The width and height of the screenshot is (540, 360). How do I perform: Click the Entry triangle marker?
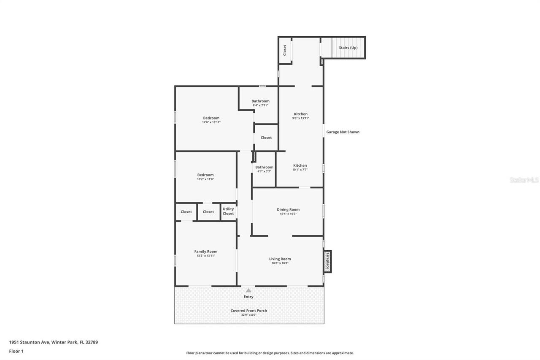point(248,290)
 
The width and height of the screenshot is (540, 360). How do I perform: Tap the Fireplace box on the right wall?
point(327,261)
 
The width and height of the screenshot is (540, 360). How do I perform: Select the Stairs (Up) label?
point(348,48)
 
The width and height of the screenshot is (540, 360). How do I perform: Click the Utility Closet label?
point(228,211)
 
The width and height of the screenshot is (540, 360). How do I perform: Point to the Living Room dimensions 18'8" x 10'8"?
point(280,263)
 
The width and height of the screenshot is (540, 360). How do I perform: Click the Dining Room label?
point(288,209)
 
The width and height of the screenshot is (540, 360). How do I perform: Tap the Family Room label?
point(205,251)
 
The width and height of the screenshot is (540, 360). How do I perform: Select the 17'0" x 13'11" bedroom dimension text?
point(211,122)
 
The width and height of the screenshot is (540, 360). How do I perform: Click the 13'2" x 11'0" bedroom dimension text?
point(205,179)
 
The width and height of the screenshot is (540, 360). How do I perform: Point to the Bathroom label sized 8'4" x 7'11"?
point(260,101)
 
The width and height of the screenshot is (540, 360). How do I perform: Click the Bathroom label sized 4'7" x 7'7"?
point(264,167)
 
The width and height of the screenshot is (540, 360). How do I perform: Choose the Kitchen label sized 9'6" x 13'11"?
point(301,114)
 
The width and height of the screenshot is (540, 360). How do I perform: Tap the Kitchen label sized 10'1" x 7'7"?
point(300,165)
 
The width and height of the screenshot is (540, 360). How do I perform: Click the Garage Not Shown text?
point(343,132)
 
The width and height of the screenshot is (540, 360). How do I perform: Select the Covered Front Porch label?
point(249,311)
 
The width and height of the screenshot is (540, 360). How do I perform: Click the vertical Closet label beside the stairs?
point(284,50)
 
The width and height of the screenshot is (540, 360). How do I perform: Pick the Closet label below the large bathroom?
point(266,138)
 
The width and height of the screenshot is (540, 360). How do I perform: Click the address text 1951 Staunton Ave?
point(29,342)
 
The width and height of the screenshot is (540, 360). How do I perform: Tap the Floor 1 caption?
point(16,351)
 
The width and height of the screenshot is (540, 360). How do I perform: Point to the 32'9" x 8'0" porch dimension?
point(249,315)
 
